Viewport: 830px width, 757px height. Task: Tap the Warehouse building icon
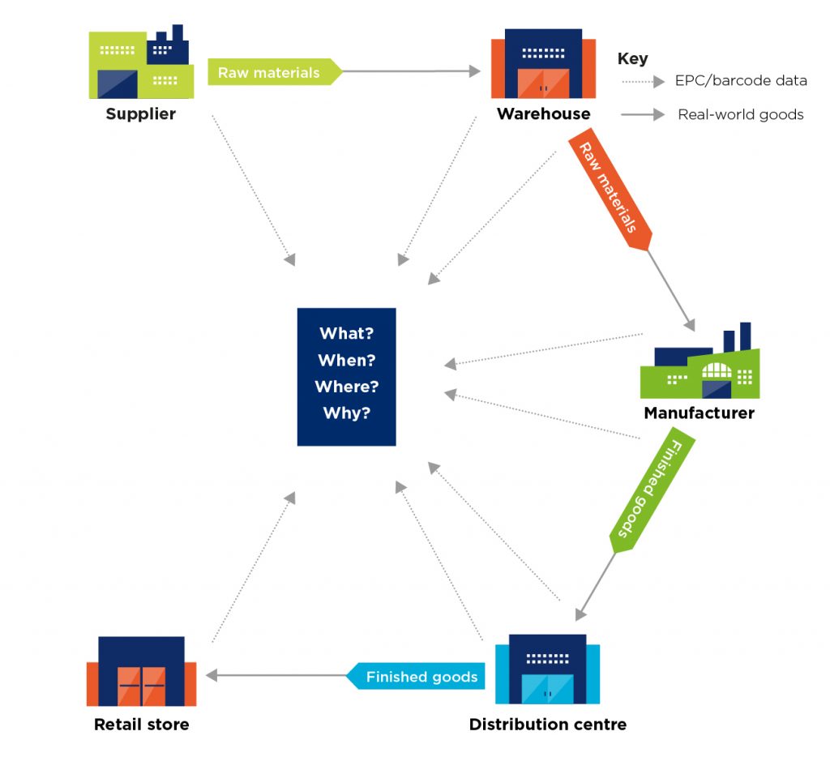[x=536, y=64]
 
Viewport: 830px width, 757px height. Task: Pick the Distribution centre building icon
[x=547, y=669]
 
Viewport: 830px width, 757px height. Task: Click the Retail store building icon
[x=141, y=672]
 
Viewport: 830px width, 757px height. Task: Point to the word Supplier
[x=140, y=113]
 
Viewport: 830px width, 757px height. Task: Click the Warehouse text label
[x=543, y=113]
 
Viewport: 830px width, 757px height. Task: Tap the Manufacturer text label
[x=699, y=413]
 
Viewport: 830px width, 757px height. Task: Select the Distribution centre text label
[x=547, y=724]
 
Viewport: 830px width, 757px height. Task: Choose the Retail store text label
[x=141, y=724]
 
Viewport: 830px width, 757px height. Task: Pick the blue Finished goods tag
[x=418, y=676]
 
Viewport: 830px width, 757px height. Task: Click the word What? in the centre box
[x=346, y=333]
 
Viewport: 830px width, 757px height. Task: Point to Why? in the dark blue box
[x=346, y=413]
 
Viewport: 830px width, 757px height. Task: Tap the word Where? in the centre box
[x=346, y=387]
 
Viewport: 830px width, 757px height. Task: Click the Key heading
[x=632, y=58]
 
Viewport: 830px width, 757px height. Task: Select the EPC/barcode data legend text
[x=740, y=81]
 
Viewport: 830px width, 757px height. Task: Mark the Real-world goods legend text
[x=740, y=115]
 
